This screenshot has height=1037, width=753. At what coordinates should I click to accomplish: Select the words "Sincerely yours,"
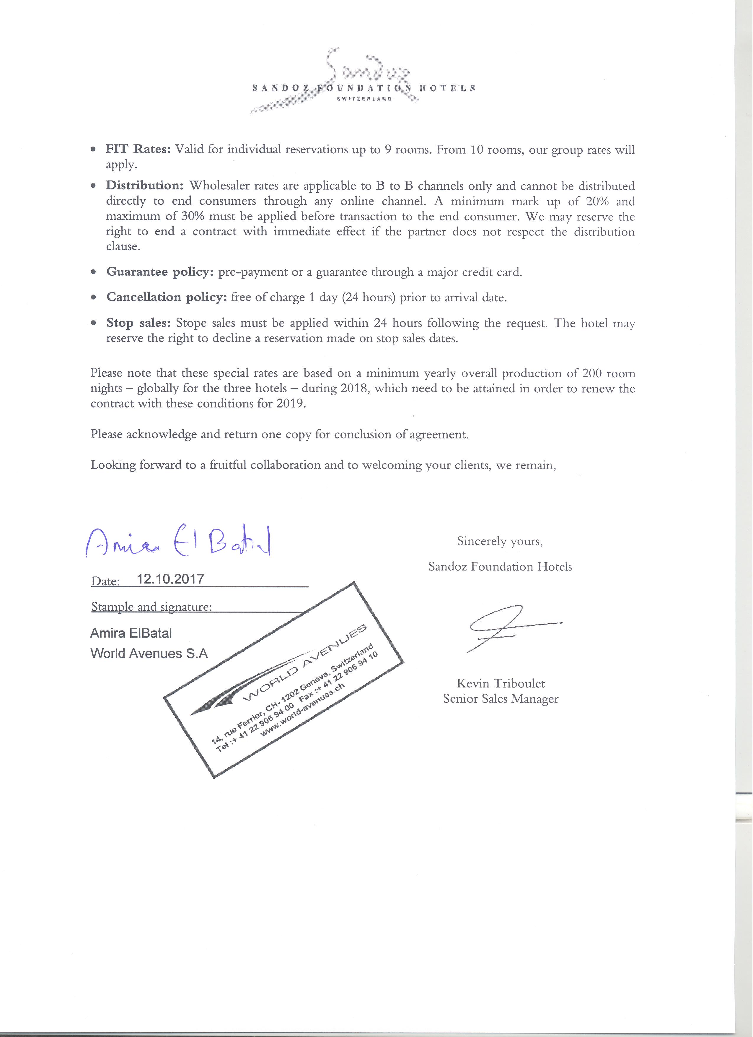[x=500, y=541]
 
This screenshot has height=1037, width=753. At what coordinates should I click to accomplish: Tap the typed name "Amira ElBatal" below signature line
[x=131, y=633]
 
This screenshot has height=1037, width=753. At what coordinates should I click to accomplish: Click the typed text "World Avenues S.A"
[x=149, y=654]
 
